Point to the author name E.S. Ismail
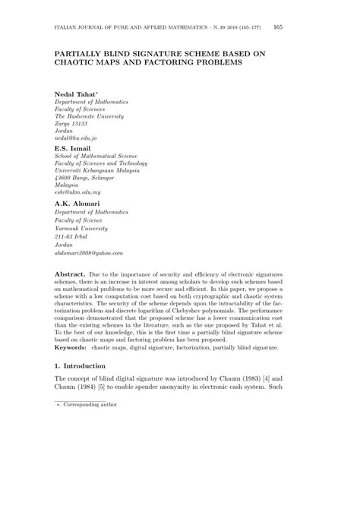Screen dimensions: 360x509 coord(73,149)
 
